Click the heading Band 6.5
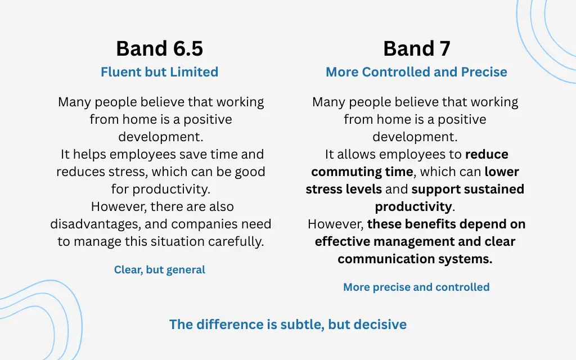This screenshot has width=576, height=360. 159,49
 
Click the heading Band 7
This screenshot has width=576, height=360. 416,49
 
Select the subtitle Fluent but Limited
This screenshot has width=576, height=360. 159,72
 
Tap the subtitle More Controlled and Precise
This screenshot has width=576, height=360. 416,72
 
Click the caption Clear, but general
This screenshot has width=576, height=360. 159,270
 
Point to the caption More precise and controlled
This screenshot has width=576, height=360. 416,287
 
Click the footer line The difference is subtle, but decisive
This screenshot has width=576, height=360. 287,325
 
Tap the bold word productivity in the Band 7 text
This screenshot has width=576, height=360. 413,206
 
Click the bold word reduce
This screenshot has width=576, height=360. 487,154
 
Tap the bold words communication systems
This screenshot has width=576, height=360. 415,259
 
